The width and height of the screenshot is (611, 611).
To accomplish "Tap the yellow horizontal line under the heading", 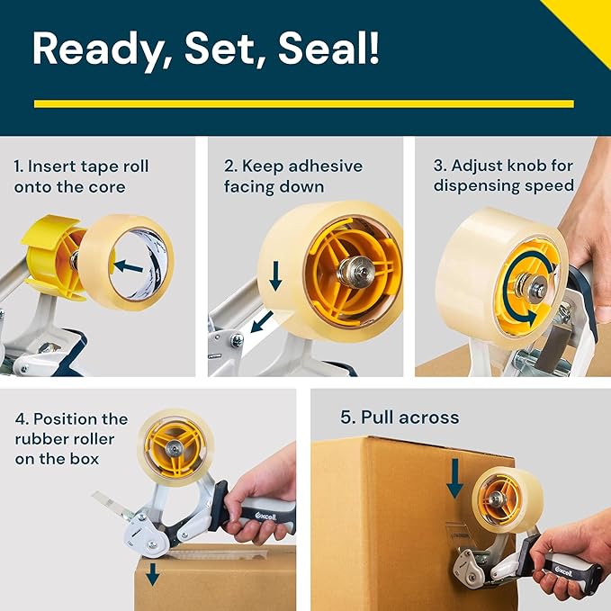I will click(303, 103).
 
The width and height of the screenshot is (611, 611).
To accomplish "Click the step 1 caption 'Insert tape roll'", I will click(81, 166).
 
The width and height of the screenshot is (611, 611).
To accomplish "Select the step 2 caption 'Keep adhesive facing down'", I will click(292, 176).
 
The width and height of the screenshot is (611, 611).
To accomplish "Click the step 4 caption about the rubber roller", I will click(71, 439).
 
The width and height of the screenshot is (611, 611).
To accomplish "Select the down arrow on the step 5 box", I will click(455, 478).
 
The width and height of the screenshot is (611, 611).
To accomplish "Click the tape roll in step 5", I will click(500, 499).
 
